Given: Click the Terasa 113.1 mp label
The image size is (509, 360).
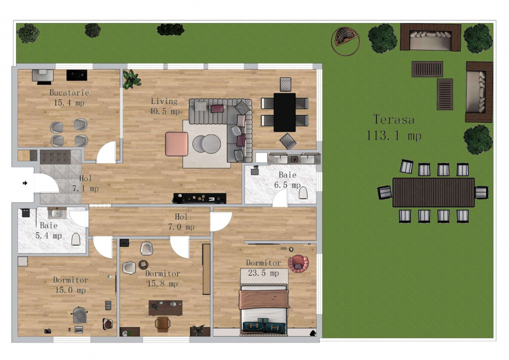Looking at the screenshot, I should (393, 127).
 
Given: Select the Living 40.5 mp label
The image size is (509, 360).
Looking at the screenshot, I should (164, 106).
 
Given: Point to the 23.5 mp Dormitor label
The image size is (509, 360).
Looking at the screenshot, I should (263, 268).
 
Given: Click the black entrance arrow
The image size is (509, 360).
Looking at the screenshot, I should (24, 183).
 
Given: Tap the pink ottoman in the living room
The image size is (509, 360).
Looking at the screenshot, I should (176, 143).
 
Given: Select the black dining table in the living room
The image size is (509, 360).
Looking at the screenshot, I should (284, 112).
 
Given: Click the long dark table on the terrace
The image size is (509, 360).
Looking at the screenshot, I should (433, 192).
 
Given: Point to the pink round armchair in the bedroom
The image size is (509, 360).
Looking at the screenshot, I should (298, 263).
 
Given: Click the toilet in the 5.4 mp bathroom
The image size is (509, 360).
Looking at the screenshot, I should (76, 239).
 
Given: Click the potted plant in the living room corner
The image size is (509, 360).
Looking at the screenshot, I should (131, 78).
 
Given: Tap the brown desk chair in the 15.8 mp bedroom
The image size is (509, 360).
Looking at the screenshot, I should (162, 324).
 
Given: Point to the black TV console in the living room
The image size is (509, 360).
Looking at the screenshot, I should (199, 198).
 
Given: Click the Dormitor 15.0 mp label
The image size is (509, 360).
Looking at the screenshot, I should (70, 285).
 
